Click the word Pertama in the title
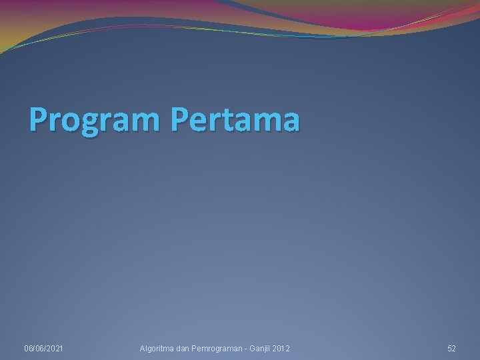click(x=235, y=120)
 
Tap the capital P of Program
click(x=39, y=120)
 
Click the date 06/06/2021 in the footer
click(x=43, y=349)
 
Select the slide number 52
click(x=451, y=349)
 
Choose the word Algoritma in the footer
click(x=156, y=349)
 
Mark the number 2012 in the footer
click(x=281, y=349)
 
